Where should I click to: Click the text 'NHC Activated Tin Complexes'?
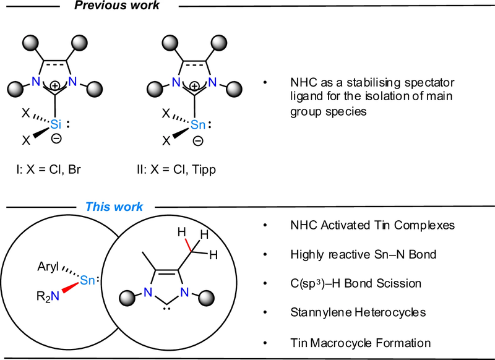pyautogui.click(x=368, y=225)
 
